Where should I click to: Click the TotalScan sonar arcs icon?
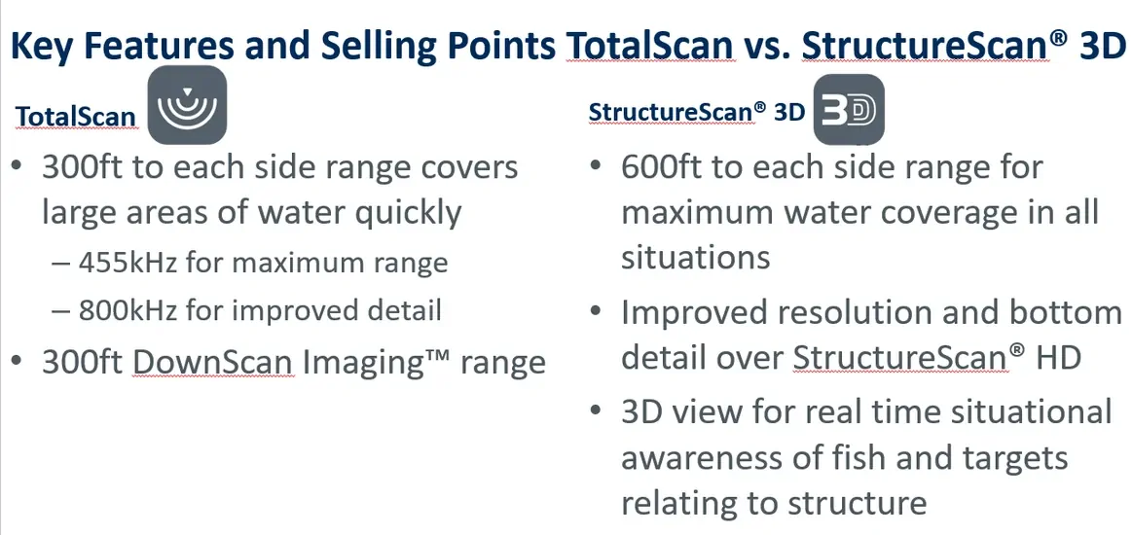pyautogui.click(x=187, y=105)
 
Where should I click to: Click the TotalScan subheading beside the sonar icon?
pyautogui.click(x=76, y=117)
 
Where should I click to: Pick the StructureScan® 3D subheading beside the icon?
pyautogui.click(x=697, y=112)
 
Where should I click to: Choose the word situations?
pyautogui.click(x=696, y=257)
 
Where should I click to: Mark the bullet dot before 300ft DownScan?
pyautogui.click(x=18, y=361)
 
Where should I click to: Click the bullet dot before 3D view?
pyautogui.click(x=596, y=410)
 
